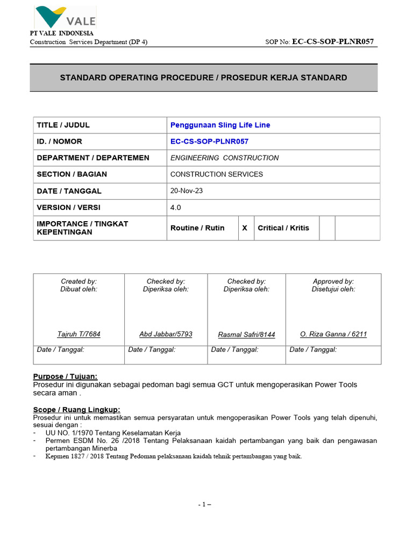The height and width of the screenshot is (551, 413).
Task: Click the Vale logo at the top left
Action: (x=65, y=17)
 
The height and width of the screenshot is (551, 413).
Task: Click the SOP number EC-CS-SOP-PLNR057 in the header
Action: (x=332, y=42)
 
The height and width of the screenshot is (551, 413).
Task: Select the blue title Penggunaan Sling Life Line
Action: (x=220, y=125)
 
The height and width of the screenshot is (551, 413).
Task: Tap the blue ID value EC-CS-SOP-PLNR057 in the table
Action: (x=209, y=142)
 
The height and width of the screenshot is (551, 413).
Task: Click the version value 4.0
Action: (x=176, y=207)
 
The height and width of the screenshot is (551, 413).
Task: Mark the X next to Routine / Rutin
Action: (x=245, y=228)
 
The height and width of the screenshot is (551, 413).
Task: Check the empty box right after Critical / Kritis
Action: (x=327, y=228)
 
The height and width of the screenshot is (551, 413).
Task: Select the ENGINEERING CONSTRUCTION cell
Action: (x=224, y=158)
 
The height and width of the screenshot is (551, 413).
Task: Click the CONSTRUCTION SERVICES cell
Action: (x=217, y=174)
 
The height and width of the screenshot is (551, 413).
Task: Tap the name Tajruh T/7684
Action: (x=79, y=334)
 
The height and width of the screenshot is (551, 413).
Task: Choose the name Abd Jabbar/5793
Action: (x=166, y=334)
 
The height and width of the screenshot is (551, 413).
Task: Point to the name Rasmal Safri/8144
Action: (x=246, y=335)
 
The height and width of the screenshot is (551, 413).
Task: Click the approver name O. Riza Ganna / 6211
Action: (x=333, y=334)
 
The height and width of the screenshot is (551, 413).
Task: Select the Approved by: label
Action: (x=333, y=281)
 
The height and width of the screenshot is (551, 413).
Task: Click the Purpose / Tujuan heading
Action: (x=66, y=376)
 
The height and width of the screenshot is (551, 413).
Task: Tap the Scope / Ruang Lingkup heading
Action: (x=77, y=409)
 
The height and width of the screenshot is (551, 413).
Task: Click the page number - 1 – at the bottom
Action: (x=204, y=505)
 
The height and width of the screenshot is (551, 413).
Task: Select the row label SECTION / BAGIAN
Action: (x=72, y=174)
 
